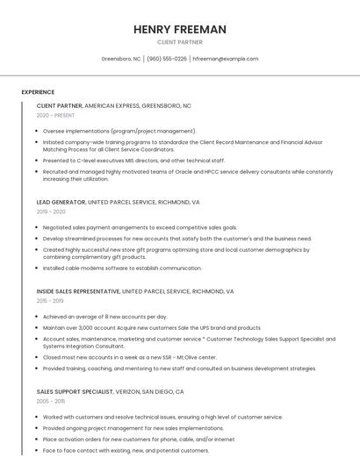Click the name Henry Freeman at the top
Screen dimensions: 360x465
[179, 30]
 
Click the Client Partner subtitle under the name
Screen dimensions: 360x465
[179, 42]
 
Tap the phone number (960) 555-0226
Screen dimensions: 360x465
[167, 59]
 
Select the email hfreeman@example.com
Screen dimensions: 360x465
[225, 59]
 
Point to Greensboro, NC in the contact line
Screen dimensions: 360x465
[121, 59]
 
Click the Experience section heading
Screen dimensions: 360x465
[38, 92]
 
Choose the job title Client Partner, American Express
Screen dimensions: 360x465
[114, 105]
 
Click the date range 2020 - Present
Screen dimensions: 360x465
[56, 115]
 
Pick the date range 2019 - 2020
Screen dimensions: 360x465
[51, 211]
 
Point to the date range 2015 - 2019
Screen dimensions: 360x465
[51, 300]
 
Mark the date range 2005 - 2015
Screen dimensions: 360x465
[51, 401]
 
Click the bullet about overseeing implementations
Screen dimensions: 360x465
[119, 131]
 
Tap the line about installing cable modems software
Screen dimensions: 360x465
[122, 268]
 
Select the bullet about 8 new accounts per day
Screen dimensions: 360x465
[104, 317]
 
